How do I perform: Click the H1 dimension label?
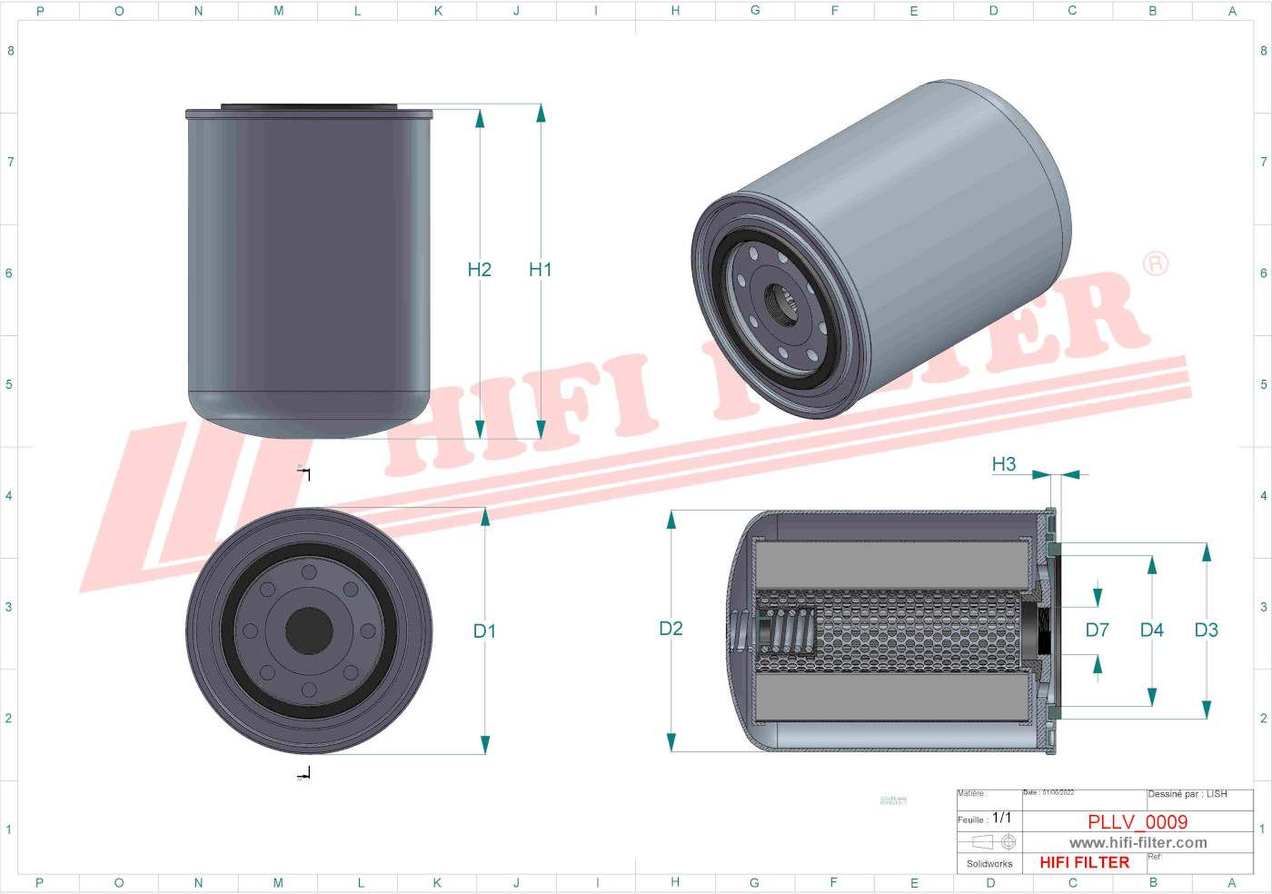click(540, 270)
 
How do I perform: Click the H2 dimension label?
click(479, 270)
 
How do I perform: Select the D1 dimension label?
click(484, 631)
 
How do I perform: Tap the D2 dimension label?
click(671, 629)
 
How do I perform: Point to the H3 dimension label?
click(1003, 464)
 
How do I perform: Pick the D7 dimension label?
click(1097, 631)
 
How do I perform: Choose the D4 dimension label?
click(1151, 631)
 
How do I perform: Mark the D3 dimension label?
click(1206, 631)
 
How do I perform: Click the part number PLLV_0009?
click(1138, 822)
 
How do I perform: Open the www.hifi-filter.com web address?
click(1138, 843)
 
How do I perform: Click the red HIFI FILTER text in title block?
click(1084, 863)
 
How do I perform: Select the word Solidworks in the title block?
click(989, 864)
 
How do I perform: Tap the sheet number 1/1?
click(1001, 818)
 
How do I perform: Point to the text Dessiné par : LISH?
click(1187, 794)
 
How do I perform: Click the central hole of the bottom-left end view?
click(309, 630)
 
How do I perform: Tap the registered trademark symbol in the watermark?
click(1155, 263)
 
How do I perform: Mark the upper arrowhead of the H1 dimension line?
click(541, 113)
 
